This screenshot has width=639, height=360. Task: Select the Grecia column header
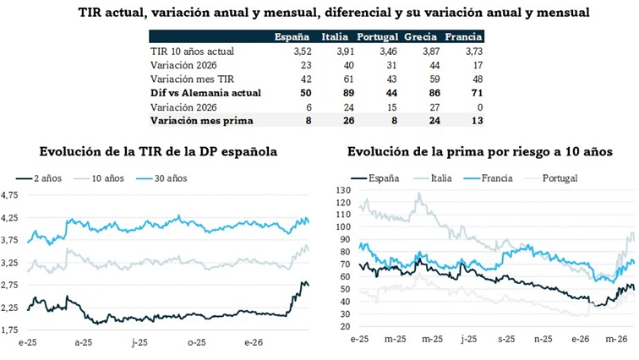[x=420, y=38]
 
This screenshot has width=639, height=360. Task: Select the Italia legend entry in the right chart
[x=438, y=178]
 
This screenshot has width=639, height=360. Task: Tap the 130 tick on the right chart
[x=342, y=191]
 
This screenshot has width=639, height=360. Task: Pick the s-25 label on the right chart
[x=506, y=339]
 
